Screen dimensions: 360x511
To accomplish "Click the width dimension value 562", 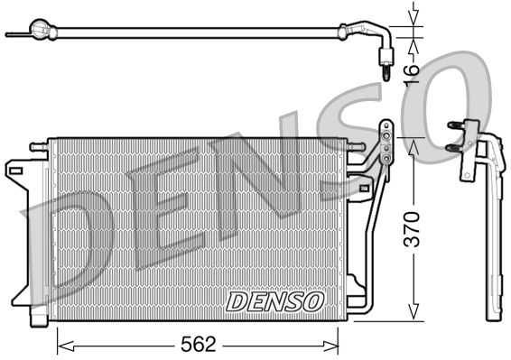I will (197, 344).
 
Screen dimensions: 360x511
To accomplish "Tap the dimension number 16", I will (411, 70).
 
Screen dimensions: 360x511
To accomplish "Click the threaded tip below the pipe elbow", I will (384, 69).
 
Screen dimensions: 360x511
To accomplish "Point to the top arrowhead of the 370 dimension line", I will (413, 144).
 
